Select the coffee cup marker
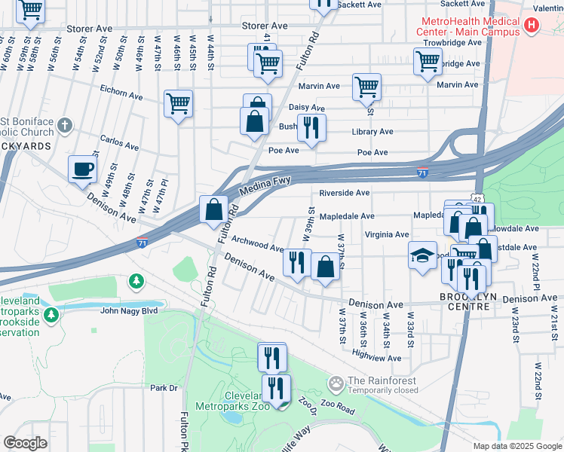(x=82, y=169)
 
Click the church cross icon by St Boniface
(x=65, y=124)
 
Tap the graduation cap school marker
(x=422, y=255)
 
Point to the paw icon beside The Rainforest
(x=336, y=383)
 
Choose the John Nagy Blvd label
(x=128, y=310)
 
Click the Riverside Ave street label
(x=344, y=193)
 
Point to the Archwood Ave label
(x=257, y=243)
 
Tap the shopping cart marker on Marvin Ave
(x=366, y=87)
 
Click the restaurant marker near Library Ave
(x=311, y=129)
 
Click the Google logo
(x=25, y=443)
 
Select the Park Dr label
(x=162, y=388)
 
